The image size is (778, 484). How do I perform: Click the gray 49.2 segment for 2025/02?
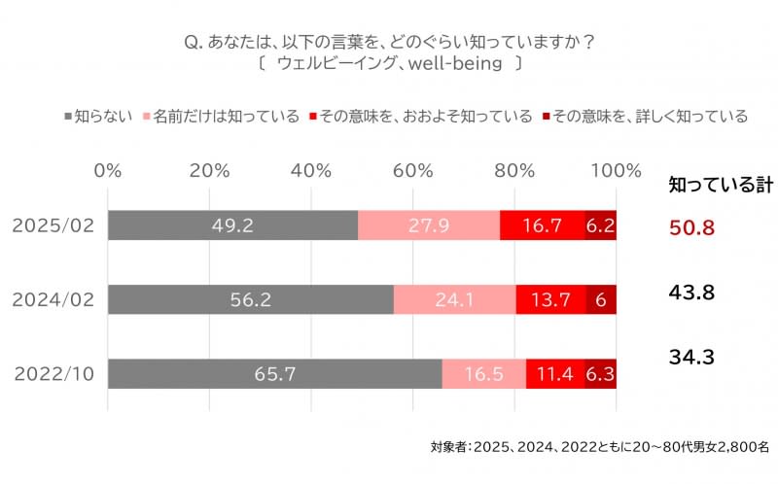(232, 225)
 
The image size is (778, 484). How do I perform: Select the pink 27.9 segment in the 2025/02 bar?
(429, 225)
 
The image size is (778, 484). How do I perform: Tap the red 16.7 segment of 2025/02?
(542, 225)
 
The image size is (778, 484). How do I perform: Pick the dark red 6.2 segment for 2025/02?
(600, 225)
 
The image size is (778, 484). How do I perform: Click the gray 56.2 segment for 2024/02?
(250, 299)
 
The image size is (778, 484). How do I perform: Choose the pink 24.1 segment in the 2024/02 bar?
(454, 299)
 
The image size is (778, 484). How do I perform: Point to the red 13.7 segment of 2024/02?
(550, 299)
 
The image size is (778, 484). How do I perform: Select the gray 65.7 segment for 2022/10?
(274, 374)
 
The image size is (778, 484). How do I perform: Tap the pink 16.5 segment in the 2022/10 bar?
(483, 374)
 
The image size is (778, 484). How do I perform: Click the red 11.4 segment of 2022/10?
(555, 374)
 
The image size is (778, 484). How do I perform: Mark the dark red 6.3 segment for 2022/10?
(600, 374)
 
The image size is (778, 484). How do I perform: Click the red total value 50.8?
(692, 227)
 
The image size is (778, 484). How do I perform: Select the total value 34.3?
(692, 358)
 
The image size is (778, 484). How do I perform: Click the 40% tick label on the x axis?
(311, 170)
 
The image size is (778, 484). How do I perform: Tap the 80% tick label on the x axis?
(514, 170)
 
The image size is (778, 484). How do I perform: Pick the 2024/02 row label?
(53, 299)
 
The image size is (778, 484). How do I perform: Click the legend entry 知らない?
(105, 117)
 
